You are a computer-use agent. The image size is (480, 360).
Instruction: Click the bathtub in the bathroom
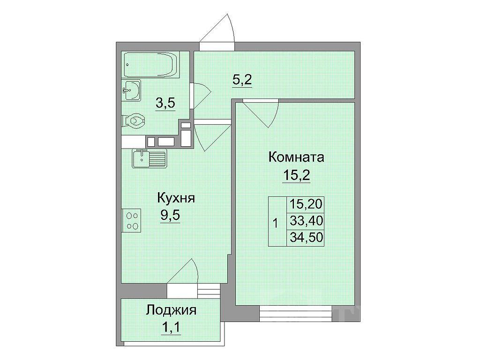[x=150, y=65]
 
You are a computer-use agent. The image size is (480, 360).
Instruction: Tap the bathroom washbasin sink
[x=131, y=90]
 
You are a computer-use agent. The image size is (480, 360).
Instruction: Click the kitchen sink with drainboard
[x=149, y=158]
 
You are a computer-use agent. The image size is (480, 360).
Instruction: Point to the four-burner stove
[x=131, y=220]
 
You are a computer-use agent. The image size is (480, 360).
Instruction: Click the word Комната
[x=296, y=157]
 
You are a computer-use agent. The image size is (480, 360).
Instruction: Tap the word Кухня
[x=176, y=198]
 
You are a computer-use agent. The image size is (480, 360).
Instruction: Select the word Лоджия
[x=171, y=310]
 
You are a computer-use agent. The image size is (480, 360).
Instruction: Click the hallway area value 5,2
[x=242, y=80]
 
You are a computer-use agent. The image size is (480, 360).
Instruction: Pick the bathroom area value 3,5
[x=165, y=104]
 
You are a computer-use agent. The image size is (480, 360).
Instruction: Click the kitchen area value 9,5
[x=170, y=216]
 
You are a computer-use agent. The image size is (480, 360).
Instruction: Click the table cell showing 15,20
[x=305, y=204]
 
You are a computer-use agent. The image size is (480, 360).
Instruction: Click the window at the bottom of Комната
[x=296, y=313]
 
